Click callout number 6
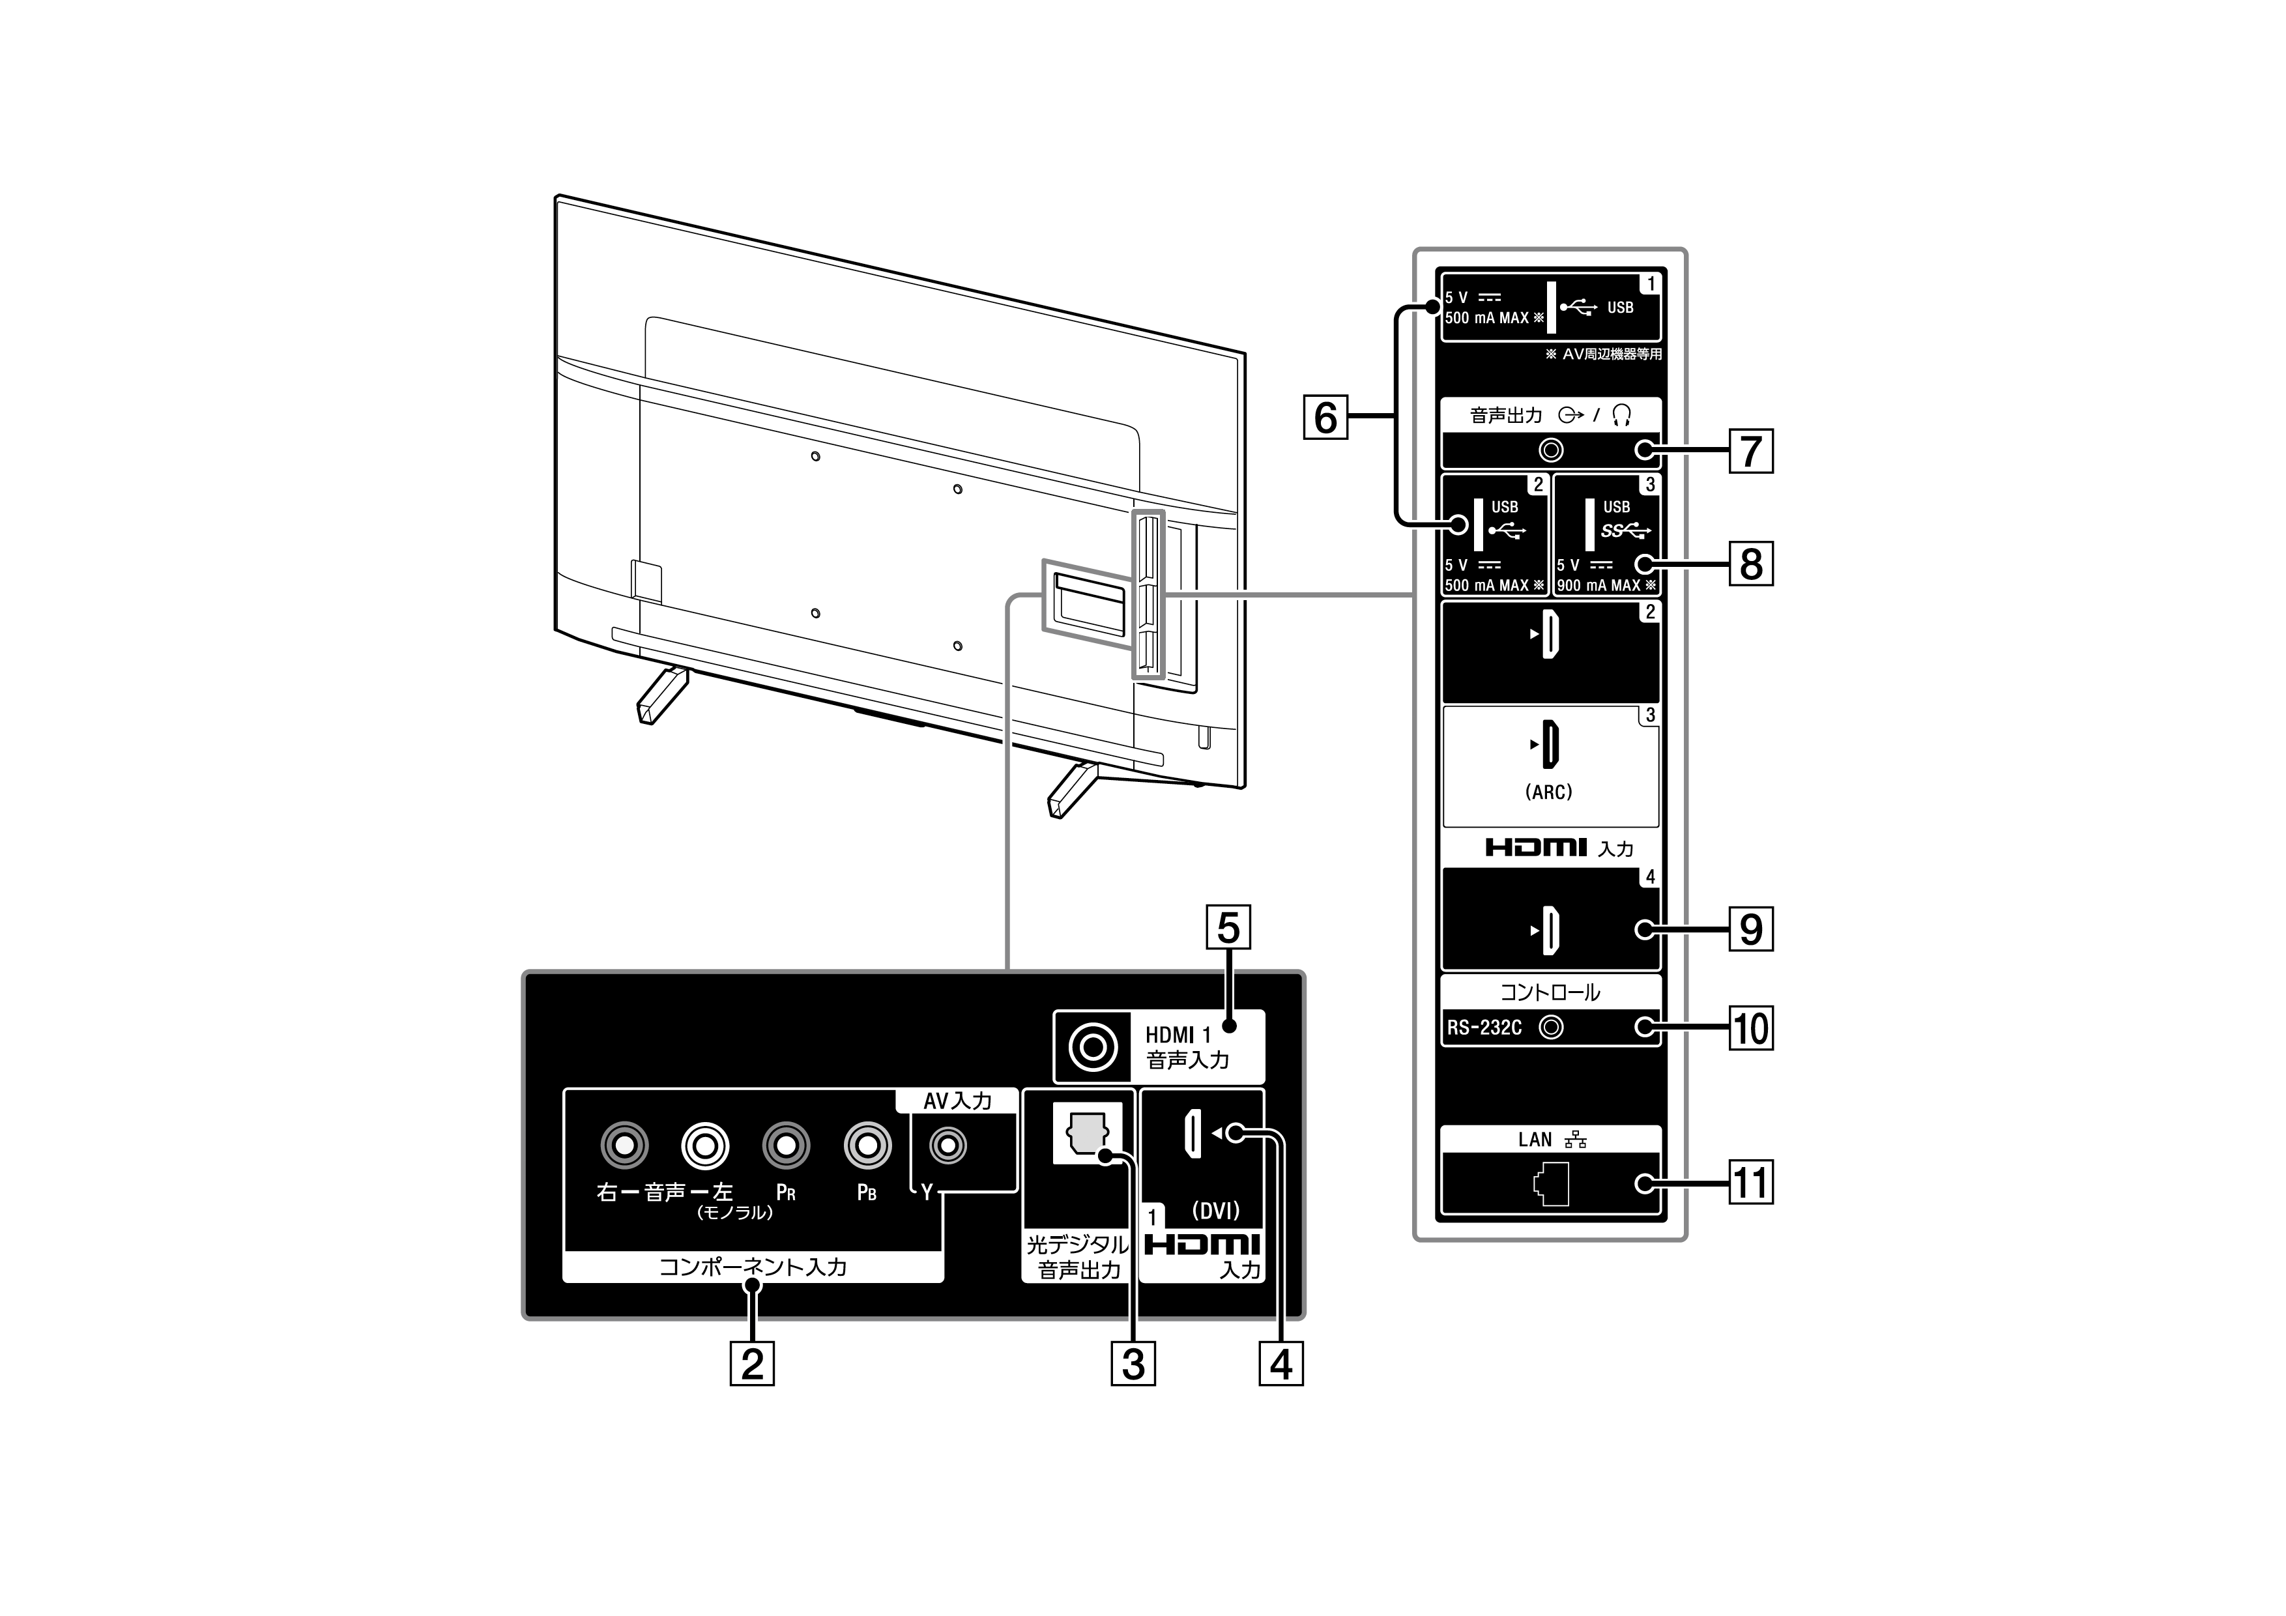point(1325,417)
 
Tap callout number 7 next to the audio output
point(1752,450)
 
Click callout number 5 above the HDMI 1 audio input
point(1228,927)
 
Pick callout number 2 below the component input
point(752,1363)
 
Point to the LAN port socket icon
point(1551,1184)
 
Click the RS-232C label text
point(1484,1028)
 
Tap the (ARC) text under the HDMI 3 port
point(1548,792)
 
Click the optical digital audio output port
point(1087,1136)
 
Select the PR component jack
point(785,1146)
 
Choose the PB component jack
point(867,1146)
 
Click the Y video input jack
point(948,1146)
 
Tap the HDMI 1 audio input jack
point(1092,1046)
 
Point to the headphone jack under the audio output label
point(1550,450)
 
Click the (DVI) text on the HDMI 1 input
point(1216,1211)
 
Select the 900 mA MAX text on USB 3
point(1600,585)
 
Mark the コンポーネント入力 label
point(753,1267)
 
